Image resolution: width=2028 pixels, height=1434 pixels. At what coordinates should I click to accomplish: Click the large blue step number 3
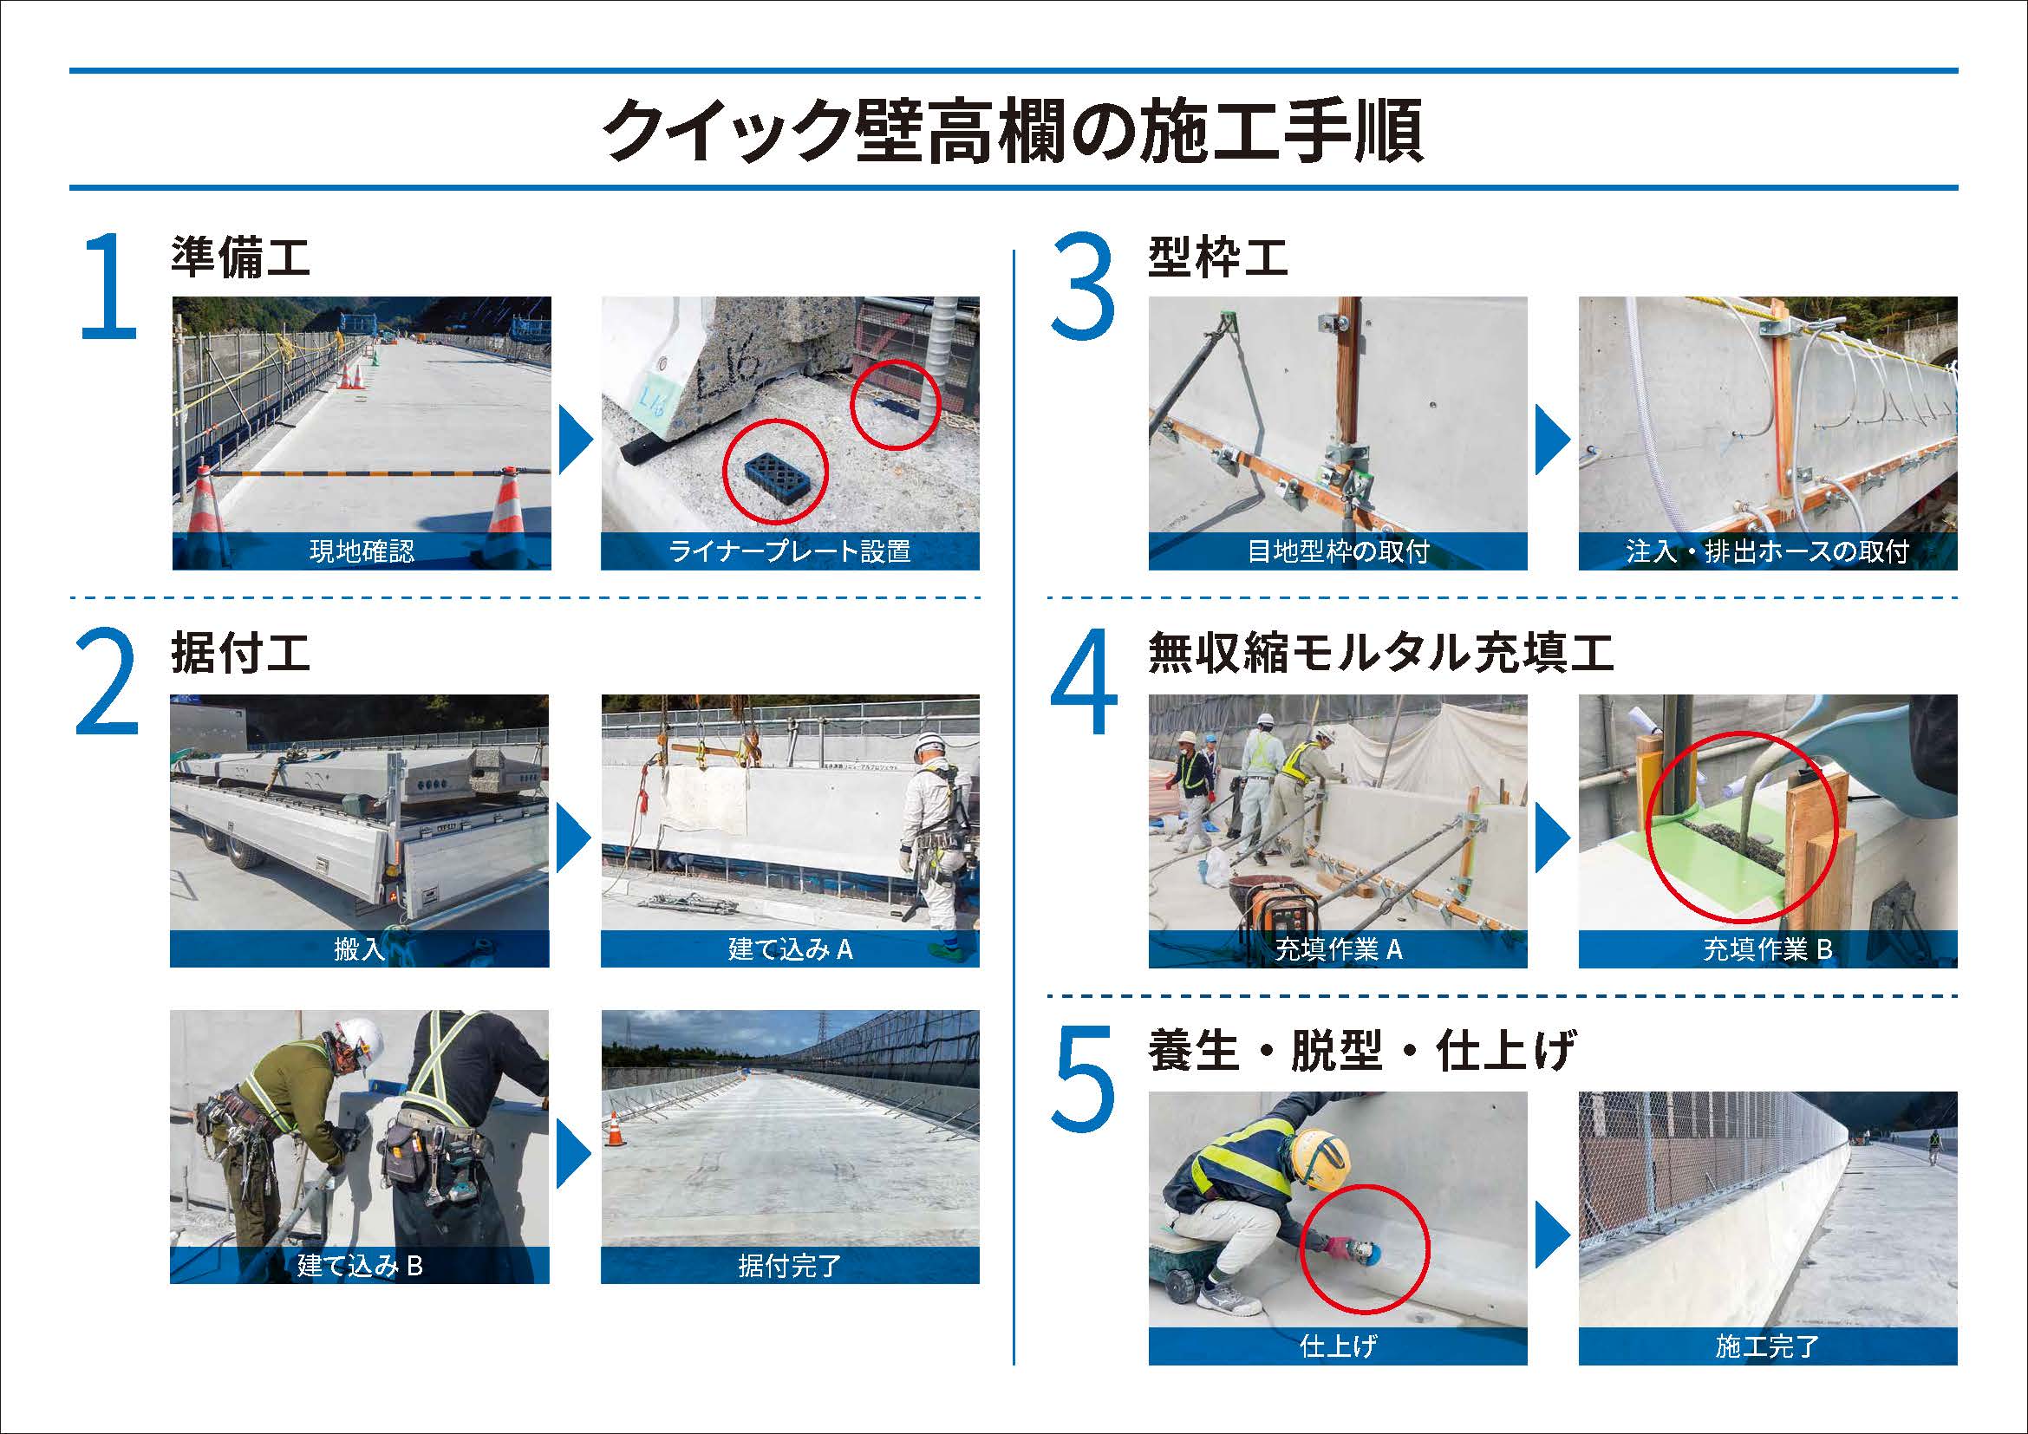click(1083, 288)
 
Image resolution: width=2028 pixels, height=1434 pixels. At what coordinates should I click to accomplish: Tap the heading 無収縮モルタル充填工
click(1380, 655)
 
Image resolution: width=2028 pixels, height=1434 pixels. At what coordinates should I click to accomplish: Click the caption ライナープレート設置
click(790, 552)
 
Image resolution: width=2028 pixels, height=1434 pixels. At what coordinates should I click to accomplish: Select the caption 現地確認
click(362, 552)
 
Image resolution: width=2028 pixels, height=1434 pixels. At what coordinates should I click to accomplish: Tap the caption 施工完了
click(1767, 1346)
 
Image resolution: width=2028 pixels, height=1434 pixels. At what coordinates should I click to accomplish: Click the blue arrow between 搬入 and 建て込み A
click(575, 835)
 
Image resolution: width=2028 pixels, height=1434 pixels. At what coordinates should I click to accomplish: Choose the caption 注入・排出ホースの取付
click(1767, 552)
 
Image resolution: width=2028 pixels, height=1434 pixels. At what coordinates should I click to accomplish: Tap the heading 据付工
click(240, 655)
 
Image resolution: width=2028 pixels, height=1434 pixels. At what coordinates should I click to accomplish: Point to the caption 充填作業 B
click(1767, 949)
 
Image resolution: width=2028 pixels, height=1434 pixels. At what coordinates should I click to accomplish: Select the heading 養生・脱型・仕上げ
click(1361, 1051)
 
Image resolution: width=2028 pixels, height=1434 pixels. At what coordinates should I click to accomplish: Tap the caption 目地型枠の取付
click(1337, 552)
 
